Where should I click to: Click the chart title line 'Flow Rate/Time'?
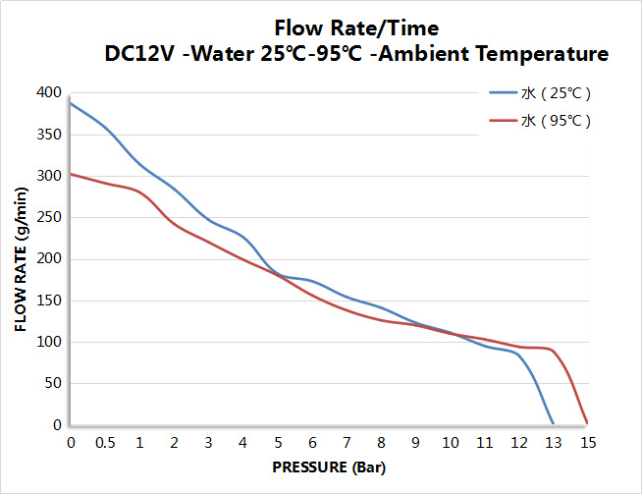[356, 27]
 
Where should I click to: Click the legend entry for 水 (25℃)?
[555, 94]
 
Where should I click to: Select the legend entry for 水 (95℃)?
[555, 121]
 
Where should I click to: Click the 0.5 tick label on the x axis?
[105, 443]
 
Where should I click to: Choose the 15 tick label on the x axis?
[587, 443]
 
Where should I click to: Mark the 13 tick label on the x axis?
[553, 443]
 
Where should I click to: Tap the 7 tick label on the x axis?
[347, 443]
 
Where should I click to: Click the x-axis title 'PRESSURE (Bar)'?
[328, 467]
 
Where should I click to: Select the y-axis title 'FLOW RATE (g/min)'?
[21, 257]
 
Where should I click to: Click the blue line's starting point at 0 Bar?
[71, 103]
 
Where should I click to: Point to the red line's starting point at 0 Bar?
[71, 174]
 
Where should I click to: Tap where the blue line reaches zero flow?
[553, 424]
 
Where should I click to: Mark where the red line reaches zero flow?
[587, 424]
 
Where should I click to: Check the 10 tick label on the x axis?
[450, 443]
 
